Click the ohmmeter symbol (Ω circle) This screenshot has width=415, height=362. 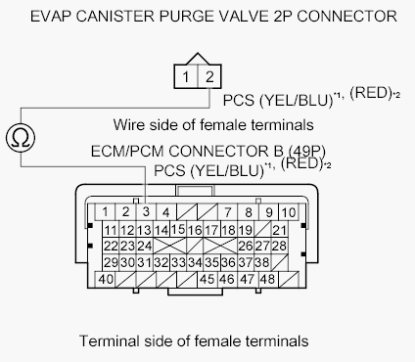coord(21,138)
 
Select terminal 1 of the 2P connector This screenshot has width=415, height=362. coord(186,76)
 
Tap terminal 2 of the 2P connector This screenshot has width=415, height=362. coord(209,76)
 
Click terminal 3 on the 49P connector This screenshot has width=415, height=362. coord(146,211)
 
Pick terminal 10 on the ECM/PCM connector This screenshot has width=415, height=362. coord(289,212)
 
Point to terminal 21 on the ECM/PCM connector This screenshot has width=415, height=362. coord(279,230)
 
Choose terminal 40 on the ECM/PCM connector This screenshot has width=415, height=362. coord(106,279)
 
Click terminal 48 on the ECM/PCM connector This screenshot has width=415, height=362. coord(267,279)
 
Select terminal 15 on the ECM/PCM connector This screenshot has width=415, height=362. coord(178,229)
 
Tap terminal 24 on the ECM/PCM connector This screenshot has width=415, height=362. coord(144,246)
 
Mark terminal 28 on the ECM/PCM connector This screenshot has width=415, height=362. coord(279,246)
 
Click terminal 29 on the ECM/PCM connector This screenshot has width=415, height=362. coord(111,262)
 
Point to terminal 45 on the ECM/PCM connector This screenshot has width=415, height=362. coord(207,279)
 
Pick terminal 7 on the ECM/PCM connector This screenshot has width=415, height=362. coord(228,212)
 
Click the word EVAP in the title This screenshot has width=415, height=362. coord(50,16)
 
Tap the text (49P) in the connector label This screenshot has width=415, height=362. coord(307,151)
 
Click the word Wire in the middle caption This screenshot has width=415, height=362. coord(128,124)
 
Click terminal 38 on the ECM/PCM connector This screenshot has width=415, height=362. coord(262,262)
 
